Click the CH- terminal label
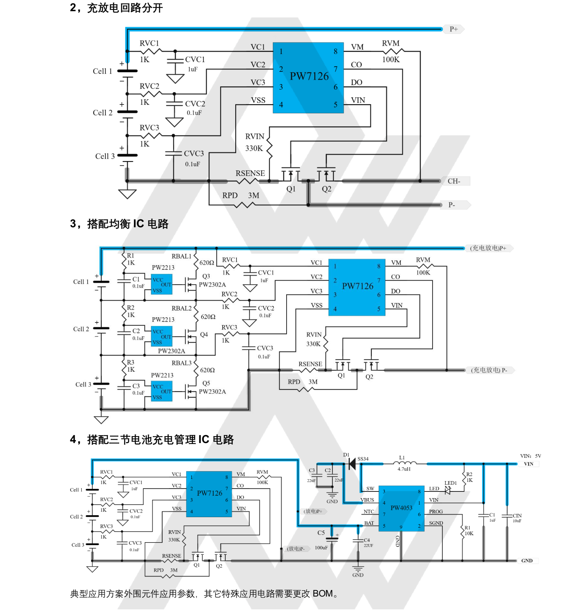tap(454, 181)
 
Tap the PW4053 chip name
tap(401, 508)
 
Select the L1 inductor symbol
tap(405, 463)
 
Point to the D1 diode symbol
tap(352, 464)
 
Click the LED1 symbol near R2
tap(448, 491)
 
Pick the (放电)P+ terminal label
tap(313, 511)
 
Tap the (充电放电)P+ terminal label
tap(488, 248)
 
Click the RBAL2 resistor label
tap(182, 308)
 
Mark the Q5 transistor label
tap(206, 383)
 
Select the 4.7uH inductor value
tap(404, 469)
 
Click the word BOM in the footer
tap(322, 594)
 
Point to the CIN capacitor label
tap(517, 515)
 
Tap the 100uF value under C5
tap(321, 548)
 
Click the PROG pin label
tap(436, 512)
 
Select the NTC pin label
tap(369, 512)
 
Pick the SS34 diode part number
tap(363, 459)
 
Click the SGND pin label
tap(436, 523)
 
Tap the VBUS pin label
tap(367, 500)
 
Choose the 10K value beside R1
tap(469, 533)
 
